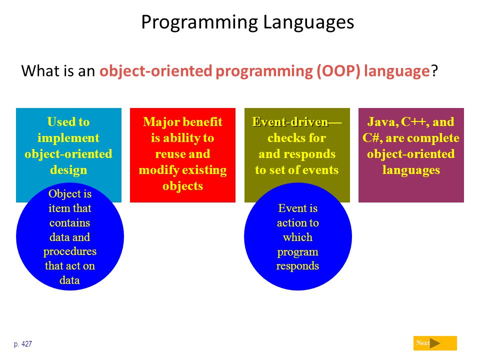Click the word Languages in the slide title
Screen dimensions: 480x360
click(x=308, y=23)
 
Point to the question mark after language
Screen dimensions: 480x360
click(x=434, y=70)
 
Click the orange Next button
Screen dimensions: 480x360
click(x=435, y=343)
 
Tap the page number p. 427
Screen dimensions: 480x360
click(x=23, y=344)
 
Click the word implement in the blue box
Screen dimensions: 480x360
click(x=68, y=138)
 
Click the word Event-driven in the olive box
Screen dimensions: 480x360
click(x=290, y=122)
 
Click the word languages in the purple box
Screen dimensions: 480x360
click(x=411, y=170)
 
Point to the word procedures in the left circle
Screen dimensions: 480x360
click(x=70, y=251)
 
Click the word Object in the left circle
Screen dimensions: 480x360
click(x=62, y=194)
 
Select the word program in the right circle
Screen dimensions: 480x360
click(x=298, y=252)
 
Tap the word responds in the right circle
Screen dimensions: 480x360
click(x=298, y=266)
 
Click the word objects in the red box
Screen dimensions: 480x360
click(x=183, y=186)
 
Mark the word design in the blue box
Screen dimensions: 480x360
click(x=68, y=170)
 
